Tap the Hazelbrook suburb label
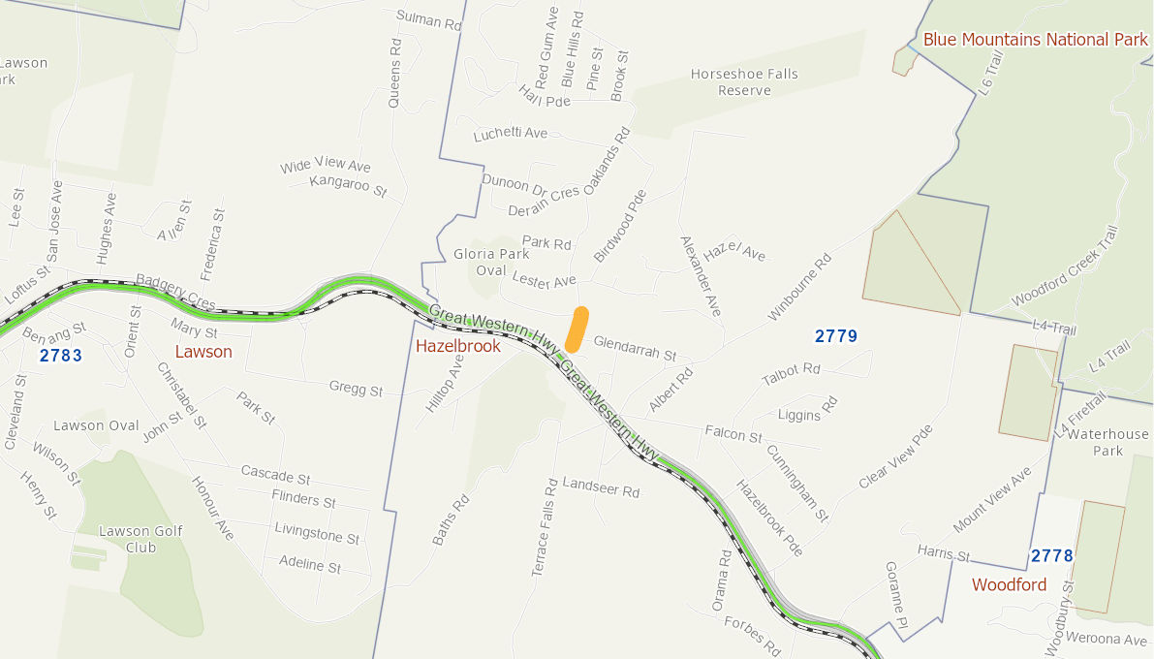coord(457,346)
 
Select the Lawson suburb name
coord(203,352)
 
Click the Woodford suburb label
coord(1009,584)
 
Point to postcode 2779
coord(835,336)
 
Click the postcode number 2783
coord(61,356)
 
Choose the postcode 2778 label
coord(1051,555)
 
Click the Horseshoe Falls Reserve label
coord(744,82)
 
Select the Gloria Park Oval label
coord(491,263)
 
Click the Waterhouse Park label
coord(1108,442)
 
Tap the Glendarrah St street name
coord(634,349)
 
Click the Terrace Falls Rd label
coord(545,527)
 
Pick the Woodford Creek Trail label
coord(1064,267)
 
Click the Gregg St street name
coord(356,390)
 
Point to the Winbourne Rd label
coord(799,288)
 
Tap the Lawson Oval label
coord(96,425)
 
